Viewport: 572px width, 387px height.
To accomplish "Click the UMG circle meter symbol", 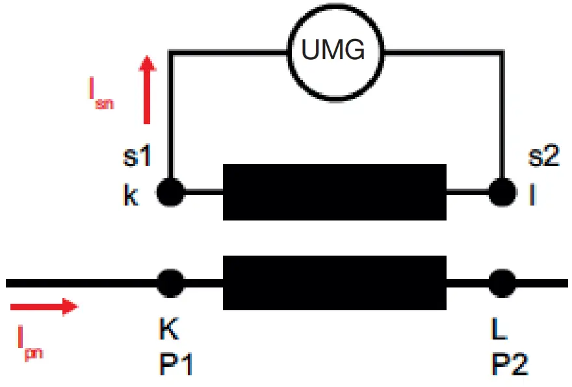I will [x=335, y=50].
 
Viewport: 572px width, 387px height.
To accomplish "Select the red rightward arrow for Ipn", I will [x=44, y=306].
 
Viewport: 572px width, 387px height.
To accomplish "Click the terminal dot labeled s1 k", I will [x=171, y=193].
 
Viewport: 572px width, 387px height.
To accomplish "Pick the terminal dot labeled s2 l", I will [x=501, y=193].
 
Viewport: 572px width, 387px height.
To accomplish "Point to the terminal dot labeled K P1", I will [x=171, y=283].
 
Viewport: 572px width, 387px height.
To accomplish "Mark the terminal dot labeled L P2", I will [x=501, y=283].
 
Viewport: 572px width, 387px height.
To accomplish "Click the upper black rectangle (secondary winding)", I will [x=335, y=193].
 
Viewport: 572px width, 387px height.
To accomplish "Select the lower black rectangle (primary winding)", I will [x=335, y=283].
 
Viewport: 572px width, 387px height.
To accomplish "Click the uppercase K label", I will [x=169, y=330].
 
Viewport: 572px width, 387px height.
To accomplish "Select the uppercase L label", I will [x=499, y=330].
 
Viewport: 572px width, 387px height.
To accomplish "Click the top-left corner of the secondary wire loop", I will [x=170, y=51].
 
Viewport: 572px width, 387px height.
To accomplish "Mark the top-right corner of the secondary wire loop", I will [x=502, y=51].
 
